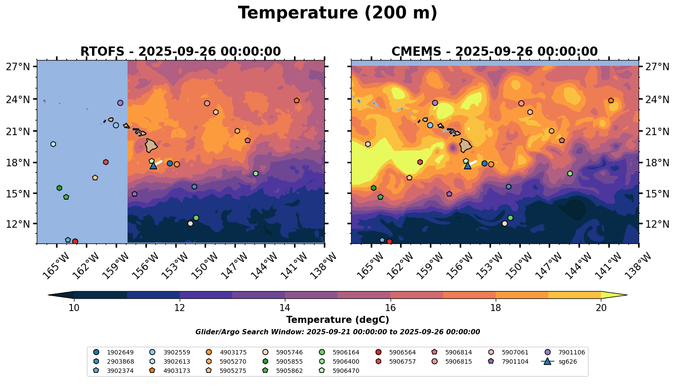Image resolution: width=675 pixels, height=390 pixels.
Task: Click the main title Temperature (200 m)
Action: coord(337,13)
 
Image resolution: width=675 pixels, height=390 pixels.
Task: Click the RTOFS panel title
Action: coord(180,52)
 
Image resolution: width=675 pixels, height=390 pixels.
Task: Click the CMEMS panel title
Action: coord(494,52)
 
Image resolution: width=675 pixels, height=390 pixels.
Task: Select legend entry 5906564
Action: coord(397,352)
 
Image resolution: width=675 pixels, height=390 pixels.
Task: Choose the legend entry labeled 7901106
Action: coord(565,352)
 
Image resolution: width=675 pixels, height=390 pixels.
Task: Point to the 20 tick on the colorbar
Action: coord(601,308)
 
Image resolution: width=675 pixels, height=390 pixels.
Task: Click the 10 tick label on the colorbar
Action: coord(74,308)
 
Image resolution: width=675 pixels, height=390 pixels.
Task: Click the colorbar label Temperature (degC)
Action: coord(337,320)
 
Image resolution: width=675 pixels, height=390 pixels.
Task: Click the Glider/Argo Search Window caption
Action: coord(337,332)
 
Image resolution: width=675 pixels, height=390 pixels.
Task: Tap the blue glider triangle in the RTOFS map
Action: coord(153,165)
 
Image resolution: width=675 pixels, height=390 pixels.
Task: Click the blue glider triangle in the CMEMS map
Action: coord(468,165)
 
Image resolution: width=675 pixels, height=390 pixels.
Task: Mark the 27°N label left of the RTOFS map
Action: coord(18,67)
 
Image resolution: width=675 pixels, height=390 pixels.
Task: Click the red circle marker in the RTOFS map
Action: coord(75,242)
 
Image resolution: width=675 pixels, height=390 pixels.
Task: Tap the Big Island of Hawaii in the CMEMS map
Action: coord(466,145)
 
